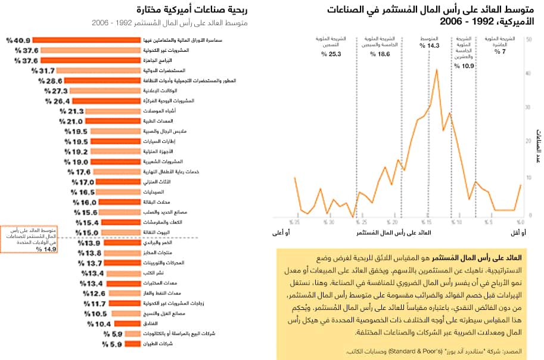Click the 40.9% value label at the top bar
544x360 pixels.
(18, 40)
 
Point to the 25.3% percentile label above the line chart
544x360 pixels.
(330, 54)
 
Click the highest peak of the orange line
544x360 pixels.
(437, 70)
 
